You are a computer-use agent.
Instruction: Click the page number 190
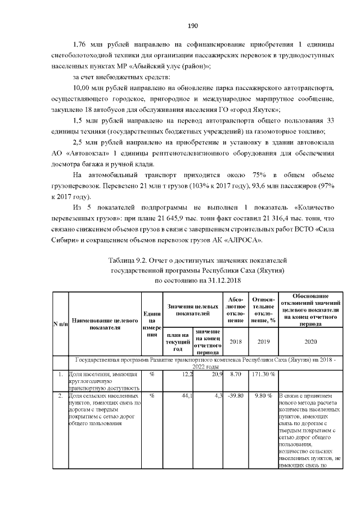(180, 26)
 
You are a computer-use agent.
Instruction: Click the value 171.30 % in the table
(263, 374)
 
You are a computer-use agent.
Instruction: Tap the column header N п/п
(60, 323)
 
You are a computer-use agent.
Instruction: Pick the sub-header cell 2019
(263, 341)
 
